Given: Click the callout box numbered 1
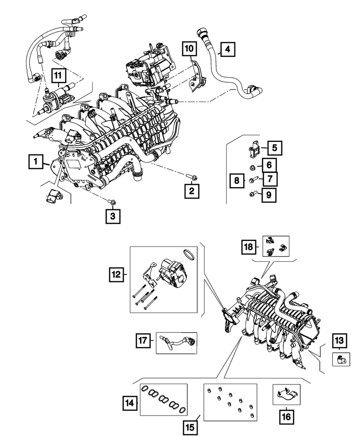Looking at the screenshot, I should click(35, 163).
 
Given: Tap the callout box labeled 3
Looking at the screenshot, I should click(112, 216).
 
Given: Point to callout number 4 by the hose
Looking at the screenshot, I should click(227, 49).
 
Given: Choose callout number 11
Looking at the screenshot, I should click(58, 76).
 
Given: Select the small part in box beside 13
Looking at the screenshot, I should click(340, 359).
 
